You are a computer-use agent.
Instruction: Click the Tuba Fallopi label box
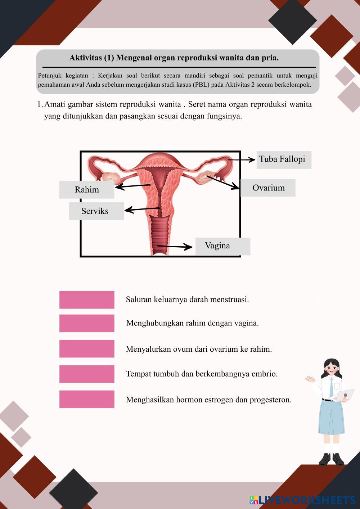tap(284, 160)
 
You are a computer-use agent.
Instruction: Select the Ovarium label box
tap(268, 188)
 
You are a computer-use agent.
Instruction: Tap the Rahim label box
tap(87, 190)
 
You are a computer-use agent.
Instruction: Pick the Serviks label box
tap(96, 211)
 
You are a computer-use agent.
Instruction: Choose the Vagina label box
tap(222, 246)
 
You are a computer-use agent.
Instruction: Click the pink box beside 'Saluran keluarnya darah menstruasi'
tap(87, 300)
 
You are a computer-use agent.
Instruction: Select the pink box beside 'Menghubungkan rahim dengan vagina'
tap(87, 323)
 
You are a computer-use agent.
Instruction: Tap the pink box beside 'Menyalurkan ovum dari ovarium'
tap(87, 349)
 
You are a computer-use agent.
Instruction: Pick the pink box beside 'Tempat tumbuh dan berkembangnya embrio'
tap(87, 374)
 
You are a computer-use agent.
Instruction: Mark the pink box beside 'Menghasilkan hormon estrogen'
tap(87, 400)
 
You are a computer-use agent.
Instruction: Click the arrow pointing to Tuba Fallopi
tap(242, 159)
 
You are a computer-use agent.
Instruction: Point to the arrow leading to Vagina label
tap(174, 247)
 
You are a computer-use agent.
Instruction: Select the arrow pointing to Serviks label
tap(142, 209)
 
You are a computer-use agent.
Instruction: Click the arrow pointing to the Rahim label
tap(132, 186)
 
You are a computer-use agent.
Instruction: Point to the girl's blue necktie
tap(331, 387)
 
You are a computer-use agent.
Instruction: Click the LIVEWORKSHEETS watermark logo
tap(302, 500)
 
